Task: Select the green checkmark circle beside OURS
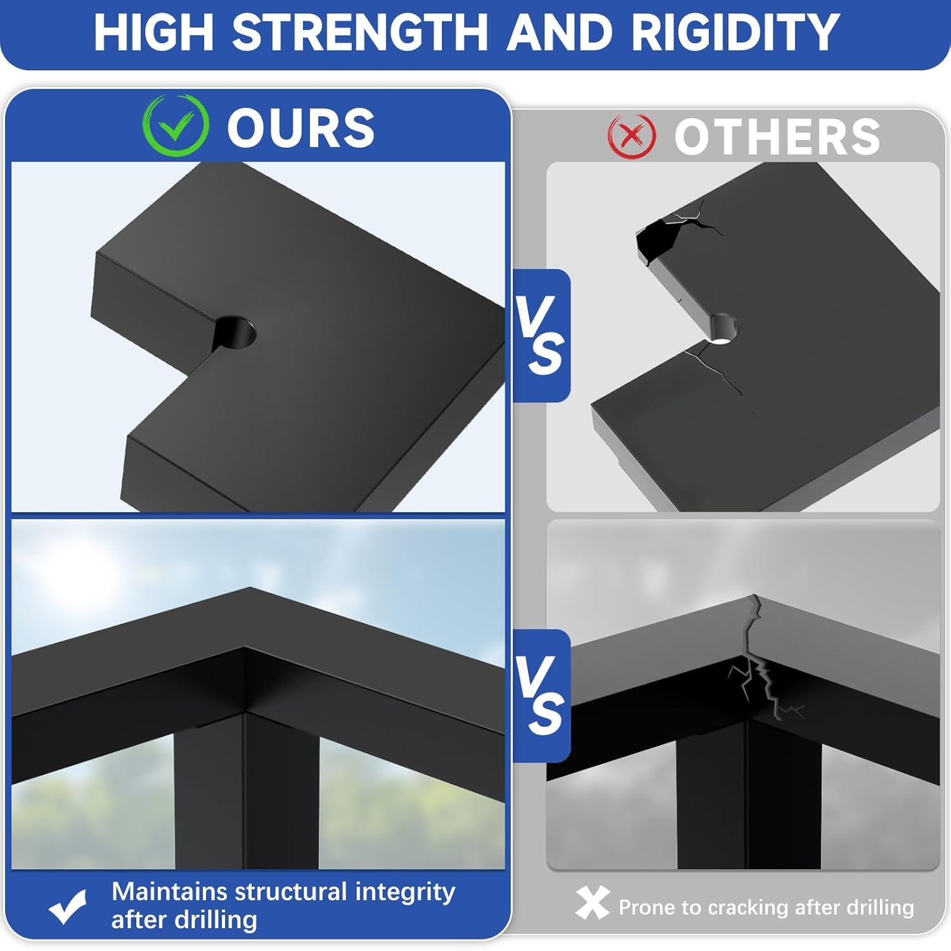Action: click(x=176, y=126)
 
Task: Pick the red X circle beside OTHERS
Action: click(x=631, y=136)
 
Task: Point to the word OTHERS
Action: click(x=777, y=137)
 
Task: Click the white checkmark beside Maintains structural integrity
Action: click(x=68, y=907)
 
